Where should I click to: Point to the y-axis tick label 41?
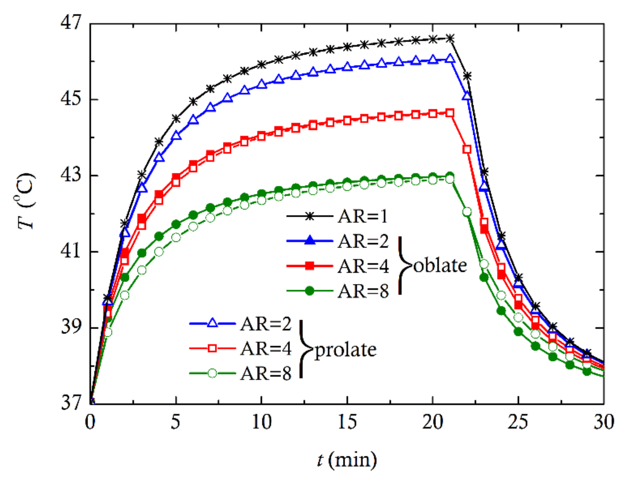(x=70, y=251)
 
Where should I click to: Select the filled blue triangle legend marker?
(x=310, y=240)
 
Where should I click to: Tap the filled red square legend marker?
(x=310, y=266)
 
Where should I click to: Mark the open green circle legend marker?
(x=212, y=373)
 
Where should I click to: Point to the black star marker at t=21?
(x=450, y=38)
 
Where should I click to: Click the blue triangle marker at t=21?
(x=450, y=59)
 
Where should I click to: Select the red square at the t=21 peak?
(x=450, y=113)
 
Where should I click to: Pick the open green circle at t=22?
(x=467, y=212)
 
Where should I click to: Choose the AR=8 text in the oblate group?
(x=363, y=291)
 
